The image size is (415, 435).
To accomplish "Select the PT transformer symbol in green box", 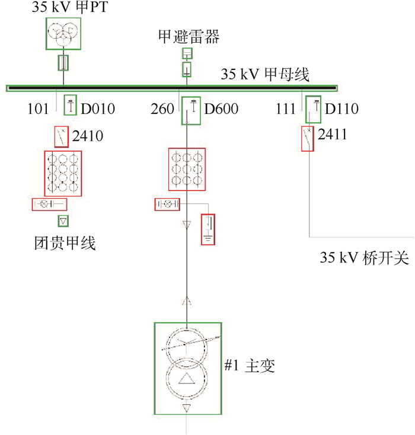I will [x=62, y=33].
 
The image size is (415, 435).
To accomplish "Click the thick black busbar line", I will [x=172, y=88].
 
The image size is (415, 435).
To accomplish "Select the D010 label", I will [x=98, y=110].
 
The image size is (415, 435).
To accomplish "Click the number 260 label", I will [x=162, y=110].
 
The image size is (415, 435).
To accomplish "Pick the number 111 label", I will [x=288, y=110].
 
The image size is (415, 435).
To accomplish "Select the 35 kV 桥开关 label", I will [x=365, y=259].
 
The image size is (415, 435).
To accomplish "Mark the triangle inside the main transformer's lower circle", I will [x=187, y=379].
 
